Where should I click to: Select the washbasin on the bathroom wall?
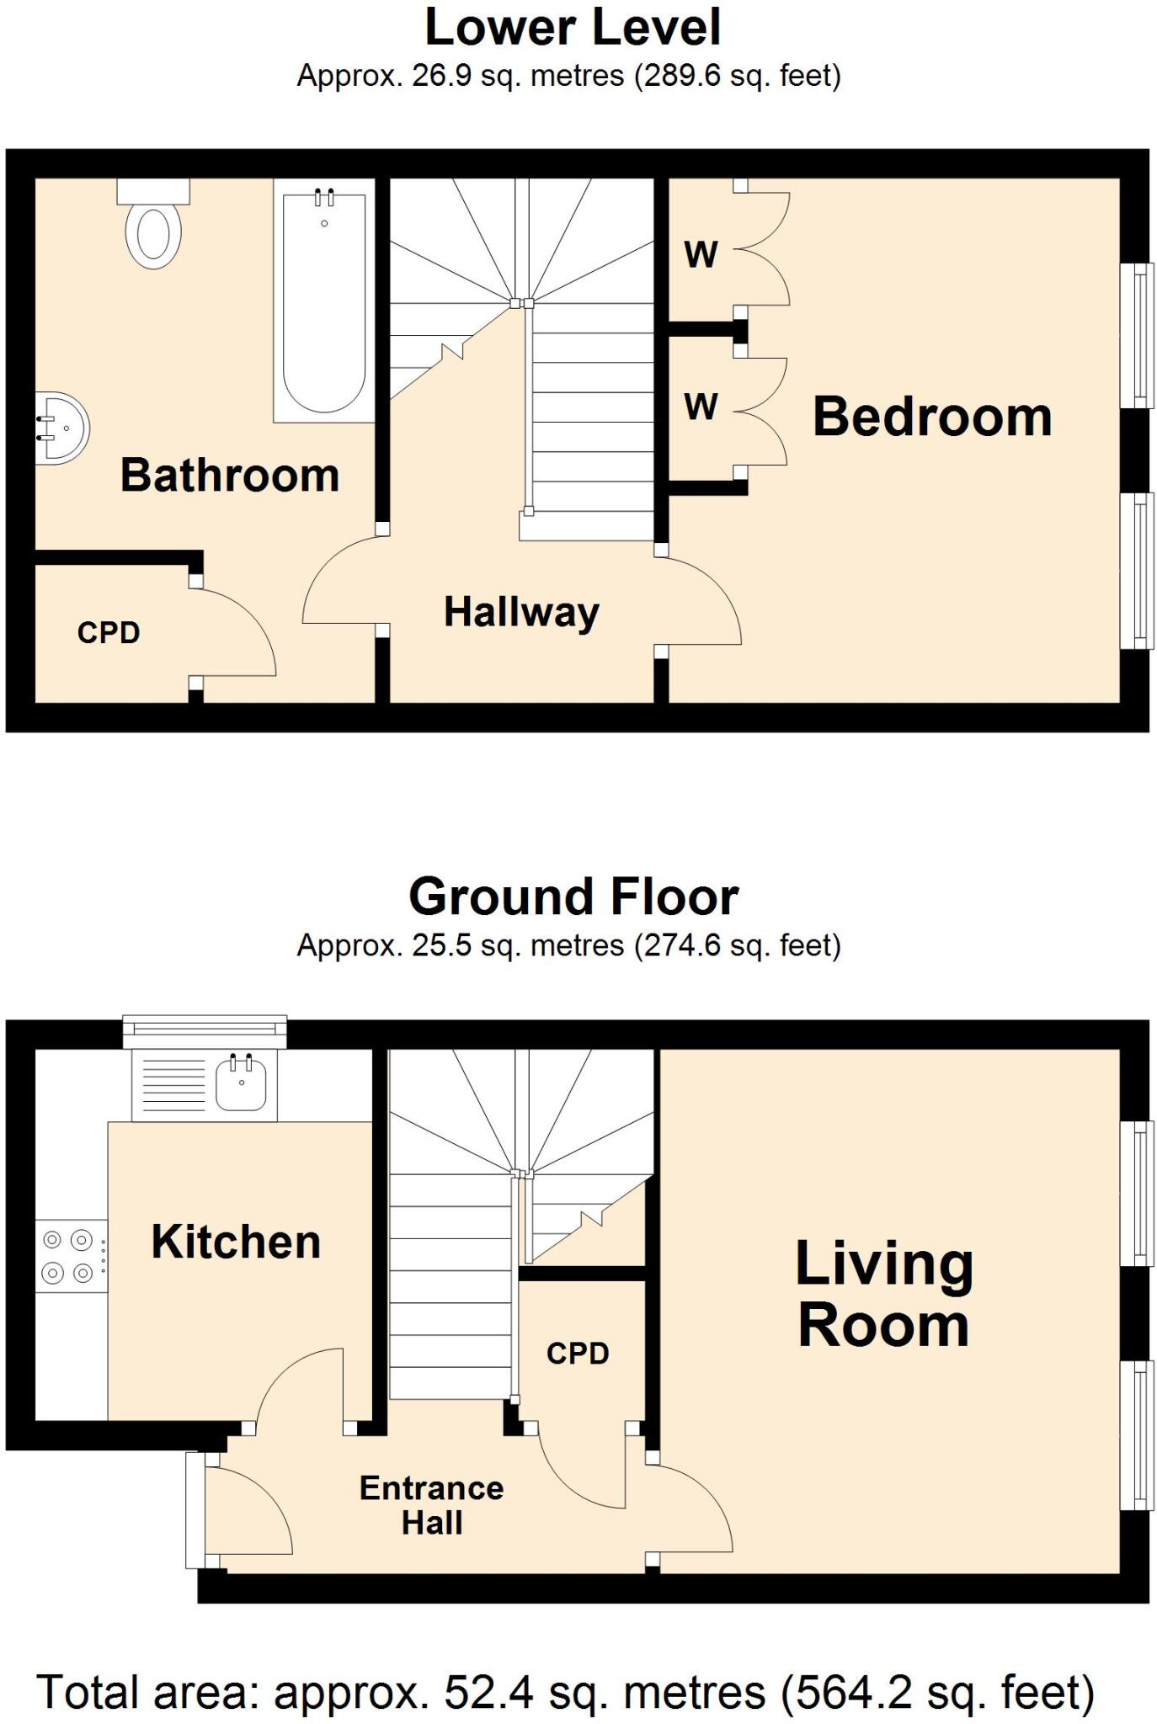[x=62, y=428]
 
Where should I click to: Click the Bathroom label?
[x=229, y=475]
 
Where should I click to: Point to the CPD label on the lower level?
[x=108, y=633]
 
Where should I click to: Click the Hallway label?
[x=521, y=612]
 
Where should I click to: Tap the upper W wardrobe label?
[x=701, y=254]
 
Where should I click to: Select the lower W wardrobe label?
[x=701, y=407]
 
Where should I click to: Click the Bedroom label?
[x=931, y=417]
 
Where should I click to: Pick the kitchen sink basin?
[x=242, y=1084]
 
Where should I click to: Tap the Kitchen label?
[x=236, y=1242]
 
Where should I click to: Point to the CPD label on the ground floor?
[x=577, y=1354]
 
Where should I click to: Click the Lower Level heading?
[x=573, y=28]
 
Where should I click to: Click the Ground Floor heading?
[x=573, y=897]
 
